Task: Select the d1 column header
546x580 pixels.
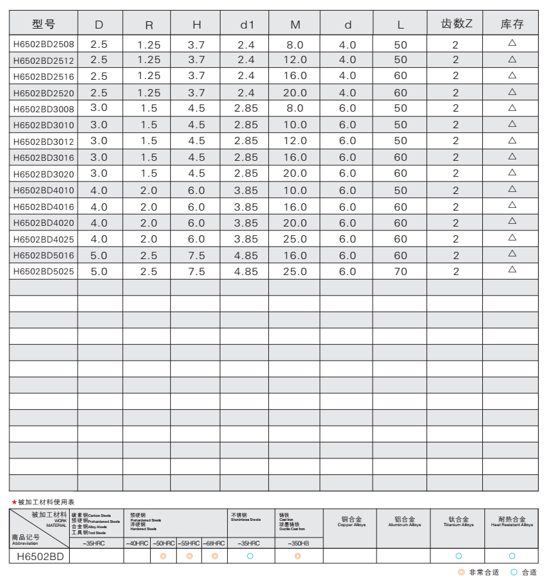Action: click(247, 25)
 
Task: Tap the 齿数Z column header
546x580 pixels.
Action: click(456, 24)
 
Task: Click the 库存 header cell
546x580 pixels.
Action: click(511, 25)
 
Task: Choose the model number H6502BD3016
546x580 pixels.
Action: click(44, 157)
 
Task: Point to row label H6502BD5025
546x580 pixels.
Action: click(44, 271)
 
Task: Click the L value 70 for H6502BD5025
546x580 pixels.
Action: click(401, 271)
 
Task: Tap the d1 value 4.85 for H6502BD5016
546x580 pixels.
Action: click(246, 255)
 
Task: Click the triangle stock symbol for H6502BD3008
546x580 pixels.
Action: click(512, 108)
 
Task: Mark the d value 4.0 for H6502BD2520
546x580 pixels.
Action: click(347, 93)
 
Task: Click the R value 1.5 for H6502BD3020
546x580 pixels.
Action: click(149, 173)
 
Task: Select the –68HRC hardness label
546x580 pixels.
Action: click(214, 543)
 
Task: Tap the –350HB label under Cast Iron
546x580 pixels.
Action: click(298, 543)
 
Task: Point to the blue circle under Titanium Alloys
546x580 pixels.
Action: click(458, 556)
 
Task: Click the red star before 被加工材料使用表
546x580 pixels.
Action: click(14, 502)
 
